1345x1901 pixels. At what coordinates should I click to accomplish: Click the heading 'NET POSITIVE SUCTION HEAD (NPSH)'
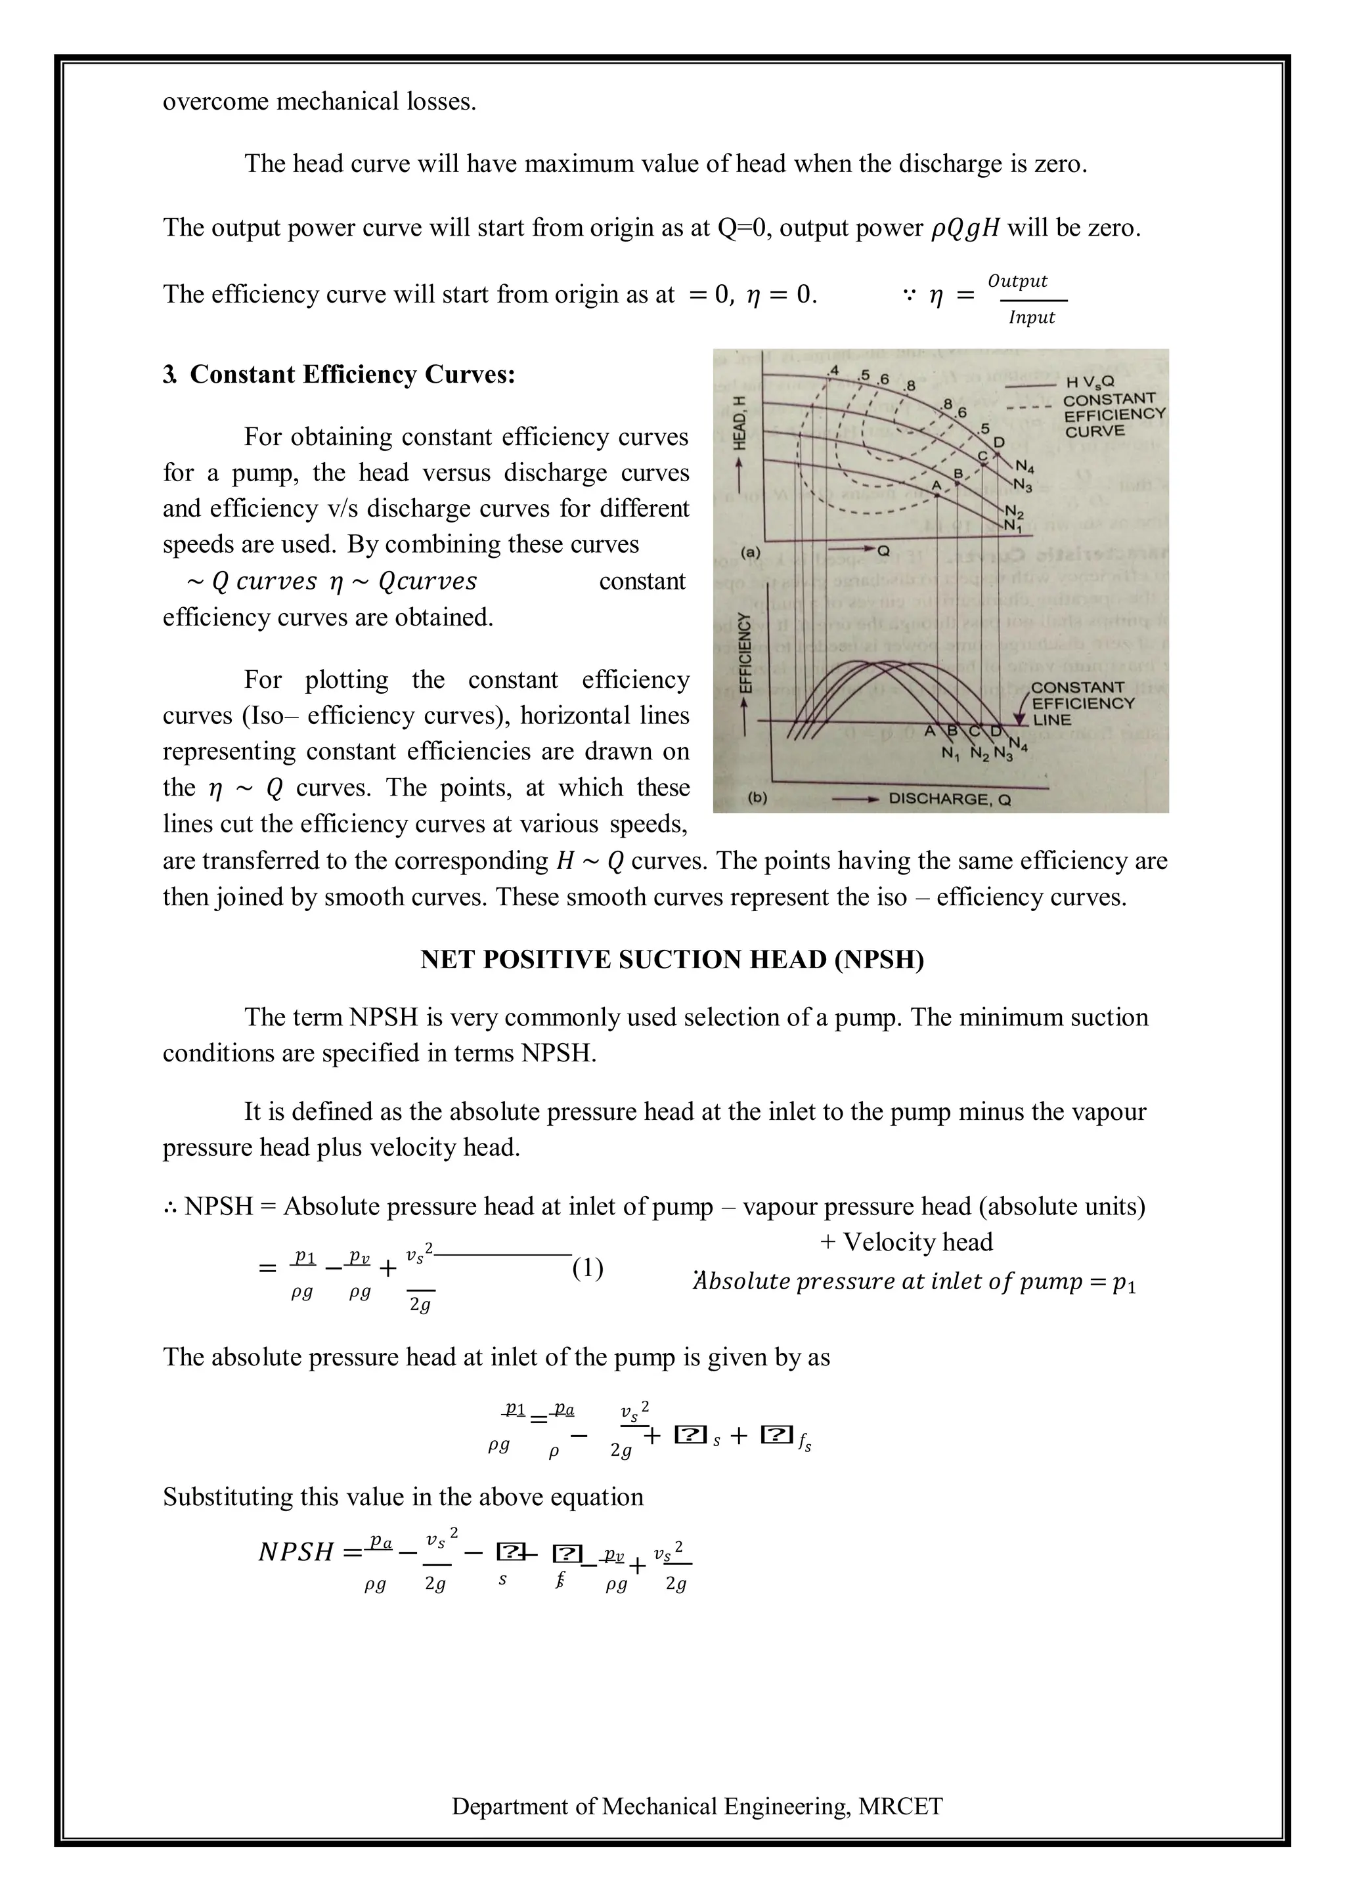tap(672, 960)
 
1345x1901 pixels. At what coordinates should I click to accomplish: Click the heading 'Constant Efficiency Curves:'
tap(353, 374)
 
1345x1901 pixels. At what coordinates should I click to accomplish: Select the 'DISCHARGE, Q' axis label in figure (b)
tap(949, 799)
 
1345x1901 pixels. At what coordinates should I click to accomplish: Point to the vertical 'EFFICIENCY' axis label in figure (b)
tap(745, 654)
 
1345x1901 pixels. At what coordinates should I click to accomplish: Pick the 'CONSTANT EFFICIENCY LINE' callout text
tap(1082, 703)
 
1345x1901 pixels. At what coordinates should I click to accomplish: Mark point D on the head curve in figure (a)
tap(999, 443)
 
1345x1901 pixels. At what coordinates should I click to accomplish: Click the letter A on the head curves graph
tap(937, 485)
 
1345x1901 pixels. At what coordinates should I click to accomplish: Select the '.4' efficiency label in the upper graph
tap(833, 370)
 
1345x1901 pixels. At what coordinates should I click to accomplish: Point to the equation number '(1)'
tap(587, 1268)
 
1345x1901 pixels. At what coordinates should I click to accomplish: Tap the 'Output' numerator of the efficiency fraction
tap(1017, 281)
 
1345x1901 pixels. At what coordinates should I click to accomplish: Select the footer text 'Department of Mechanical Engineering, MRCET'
tap(697, 1829)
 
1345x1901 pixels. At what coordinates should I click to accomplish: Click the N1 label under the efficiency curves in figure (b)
tap(950, 754)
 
